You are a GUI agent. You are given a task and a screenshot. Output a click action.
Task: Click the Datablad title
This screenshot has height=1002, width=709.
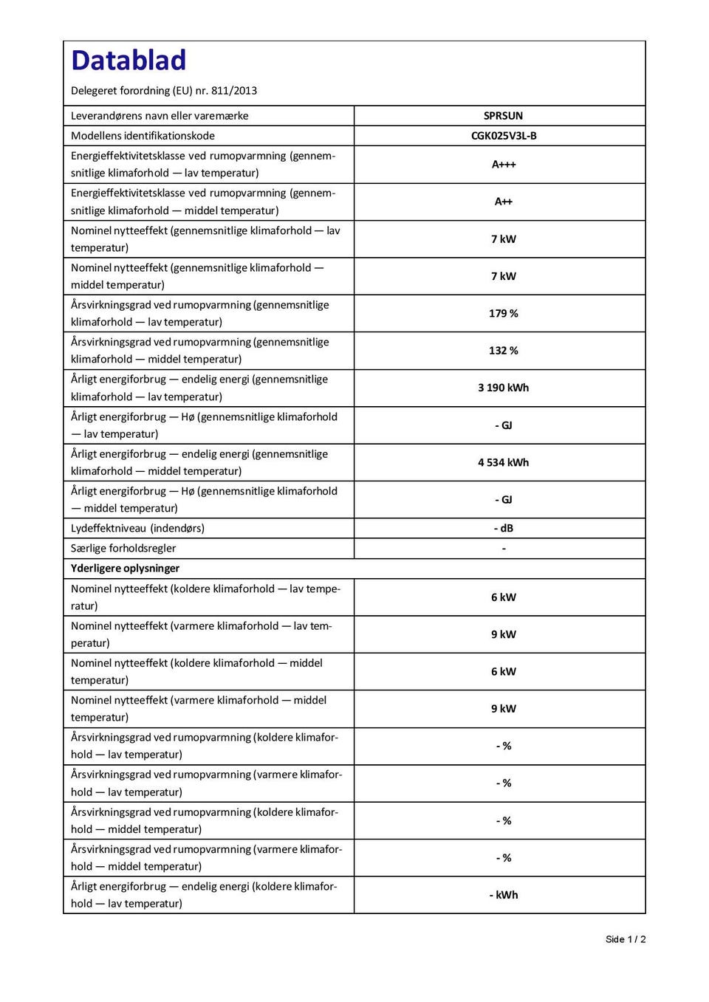point(129,61)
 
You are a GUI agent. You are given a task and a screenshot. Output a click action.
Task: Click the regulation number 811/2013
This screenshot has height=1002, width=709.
point(234,91)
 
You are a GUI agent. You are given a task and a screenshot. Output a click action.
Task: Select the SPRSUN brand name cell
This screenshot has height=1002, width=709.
point(503,116)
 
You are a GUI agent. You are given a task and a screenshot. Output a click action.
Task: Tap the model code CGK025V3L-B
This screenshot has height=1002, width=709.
point(504,136)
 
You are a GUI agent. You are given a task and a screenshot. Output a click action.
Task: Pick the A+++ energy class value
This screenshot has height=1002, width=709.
point(504,165)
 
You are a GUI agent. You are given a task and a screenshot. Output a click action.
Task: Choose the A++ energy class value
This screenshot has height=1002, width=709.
point(504,202)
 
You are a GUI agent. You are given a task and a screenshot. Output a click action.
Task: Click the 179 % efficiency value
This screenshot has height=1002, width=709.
point(504,314)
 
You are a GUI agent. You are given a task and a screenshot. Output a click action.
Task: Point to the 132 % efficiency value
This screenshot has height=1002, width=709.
point(504,351)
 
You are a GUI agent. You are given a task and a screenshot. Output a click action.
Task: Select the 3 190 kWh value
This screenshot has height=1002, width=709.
point(504,388)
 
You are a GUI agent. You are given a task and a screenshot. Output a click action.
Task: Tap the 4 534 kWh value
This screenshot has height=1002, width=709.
point(504,462)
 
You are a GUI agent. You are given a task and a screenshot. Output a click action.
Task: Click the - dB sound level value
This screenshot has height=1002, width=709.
point(504,529)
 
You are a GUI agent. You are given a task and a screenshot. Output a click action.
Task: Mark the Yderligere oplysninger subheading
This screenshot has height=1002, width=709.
point(126,569)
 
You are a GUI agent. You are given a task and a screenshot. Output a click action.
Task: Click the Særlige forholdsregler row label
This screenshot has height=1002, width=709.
point(123,549)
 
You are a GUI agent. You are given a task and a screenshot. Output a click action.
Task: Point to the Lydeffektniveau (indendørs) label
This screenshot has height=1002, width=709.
point(137,529)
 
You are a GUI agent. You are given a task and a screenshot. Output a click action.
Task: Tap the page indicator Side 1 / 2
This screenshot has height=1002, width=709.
point(626,939)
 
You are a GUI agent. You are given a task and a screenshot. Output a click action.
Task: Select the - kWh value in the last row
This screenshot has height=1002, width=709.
point(504,895)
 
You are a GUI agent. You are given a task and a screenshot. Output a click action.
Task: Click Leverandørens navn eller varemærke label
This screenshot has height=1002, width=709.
point(160,116)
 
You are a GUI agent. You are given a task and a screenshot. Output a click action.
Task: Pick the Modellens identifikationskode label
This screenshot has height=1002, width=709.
point(143,136)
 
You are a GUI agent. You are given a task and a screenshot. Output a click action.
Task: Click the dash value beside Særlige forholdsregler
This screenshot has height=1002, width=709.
point(504,549)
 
